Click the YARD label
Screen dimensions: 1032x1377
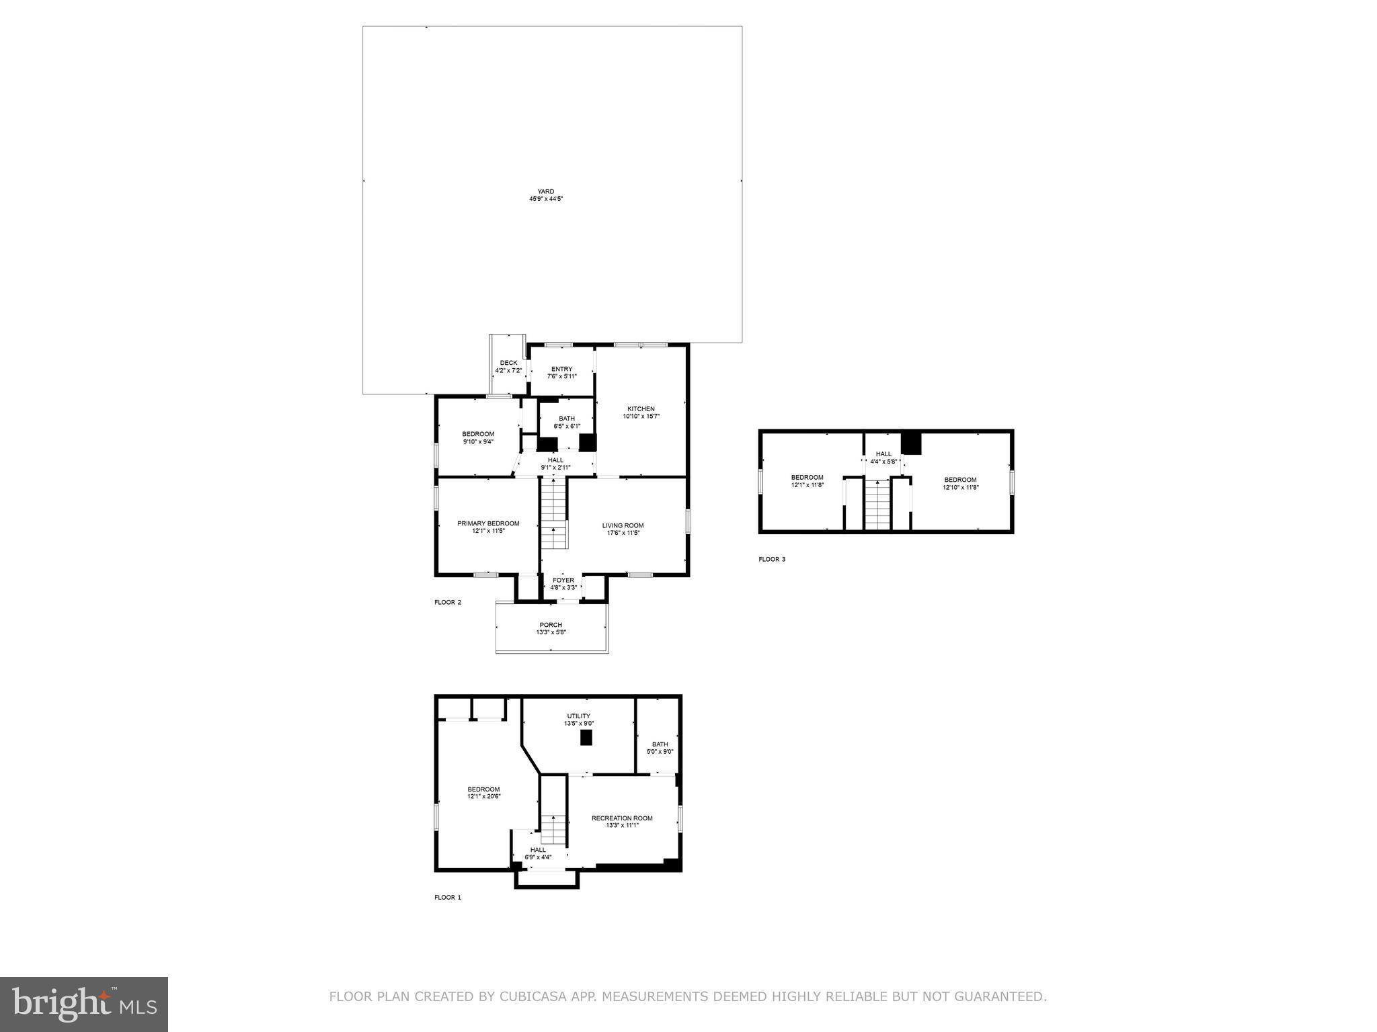pyautogui.click(x=545, y=191)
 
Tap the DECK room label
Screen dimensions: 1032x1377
pyautogui.click(x=508, y=363)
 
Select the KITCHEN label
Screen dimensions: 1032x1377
pyautogui.click(x=641, y=408)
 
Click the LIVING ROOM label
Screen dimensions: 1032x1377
pyautogui.click(x=623, y=525)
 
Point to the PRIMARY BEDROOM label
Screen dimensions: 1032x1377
pyautogui.click(x=488, y=523)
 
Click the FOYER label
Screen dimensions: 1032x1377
pyautogui.click(x=563, y=580)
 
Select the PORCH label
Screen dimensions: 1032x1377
pyautogui.click(x=551, y=625)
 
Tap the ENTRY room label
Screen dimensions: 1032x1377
pyautogui.click(x=561, y=369)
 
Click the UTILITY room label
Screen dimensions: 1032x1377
pyautogui.click(x=578, y=716)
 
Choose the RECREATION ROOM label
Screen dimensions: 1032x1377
pyautogui.click(x=622, y=818)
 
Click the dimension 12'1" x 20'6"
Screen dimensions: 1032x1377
pyautogui.click(x=484, y=797)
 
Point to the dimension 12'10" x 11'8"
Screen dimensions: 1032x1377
pyautogui.click(x=960, y=487)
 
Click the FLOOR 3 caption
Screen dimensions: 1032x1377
pyautogui.click(x=772, y=559)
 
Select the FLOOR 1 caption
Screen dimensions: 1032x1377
pyautogui.click(x=448, y=897)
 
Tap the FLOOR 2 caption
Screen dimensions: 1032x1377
pyautogui.click(x=448, y=602)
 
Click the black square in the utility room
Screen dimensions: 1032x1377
pyautogui.click(x=586, y=738)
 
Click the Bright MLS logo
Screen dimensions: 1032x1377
pyautogui.click(x=84, y=1004)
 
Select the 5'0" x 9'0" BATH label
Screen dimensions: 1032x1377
pyautogui.click(x=660, y=744)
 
